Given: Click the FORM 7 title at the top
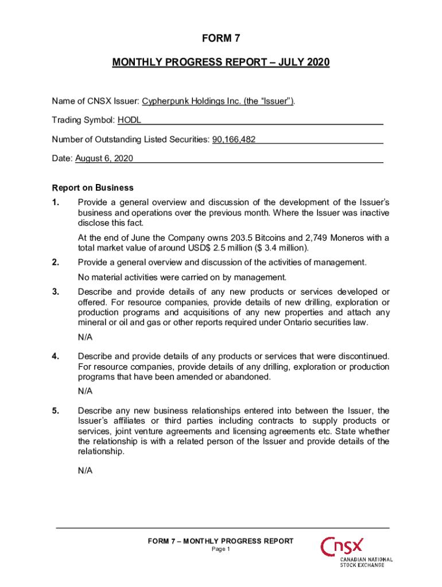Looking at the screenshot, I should click(x=220, y=39).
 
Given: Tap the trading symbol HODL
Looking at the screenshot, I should click(x=129, y=120).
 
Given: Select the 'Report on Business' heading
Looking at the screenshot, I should click(x=92, y=187).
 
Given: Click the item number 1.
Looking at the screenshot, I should click(x=56, y=202).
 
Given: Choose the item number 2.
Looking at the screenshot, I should click(x=56, y=263).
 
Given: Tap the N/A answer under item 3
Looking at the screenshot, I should click(x=85, y=337).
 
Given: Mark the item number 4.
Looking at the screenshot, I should click(x=56, y=357).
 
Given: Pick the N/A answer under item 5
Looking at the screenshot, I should click(x=85, y=471).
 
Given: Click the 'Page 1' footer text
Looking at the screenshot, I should click(x=221, y=549).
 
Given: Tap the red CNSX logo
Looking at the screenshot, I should click(x=343, y=547).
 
